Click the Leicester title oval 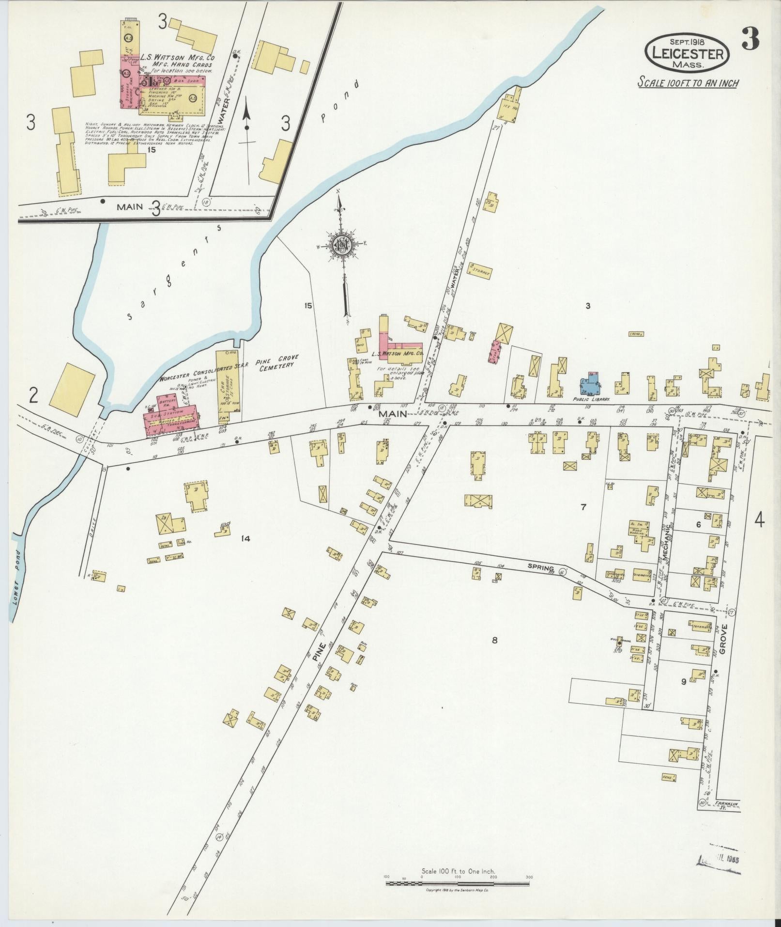coord(687,52)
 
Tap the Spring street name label coord(541,565)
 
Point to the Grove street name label coord(724,639)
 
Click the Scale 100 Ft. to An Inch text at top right coord(688,82)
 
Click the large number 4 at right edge coord(759,521)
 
